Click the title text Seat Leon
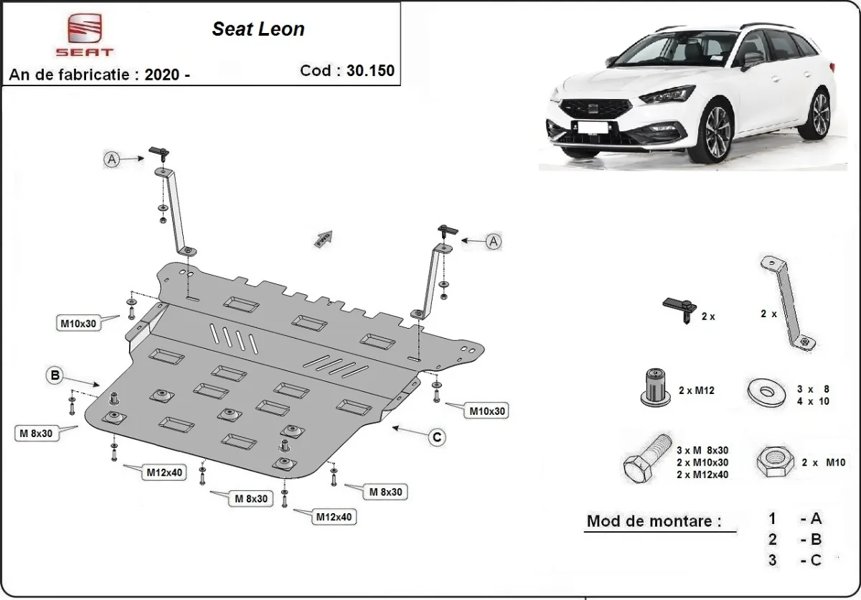[258, 29]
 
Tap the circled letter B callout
[54, 375]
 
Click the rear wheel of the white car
[817, 113]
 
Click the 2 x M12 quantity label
[697, 390]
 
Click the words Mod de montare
[654, 521]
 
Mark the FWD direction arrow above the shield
[323, 238]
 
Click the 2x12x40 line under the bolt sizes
[702, 474]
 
